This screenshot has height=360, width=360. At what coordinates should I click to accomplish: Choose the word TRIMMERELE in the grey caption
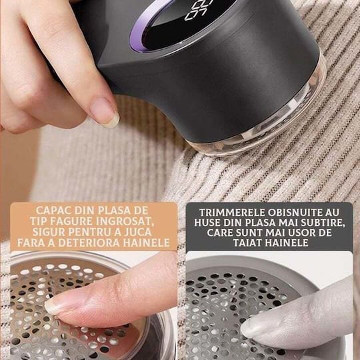[232, 213]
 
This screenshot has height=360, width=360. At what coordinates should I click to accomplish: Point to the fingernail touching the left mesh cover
[53, 305]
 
